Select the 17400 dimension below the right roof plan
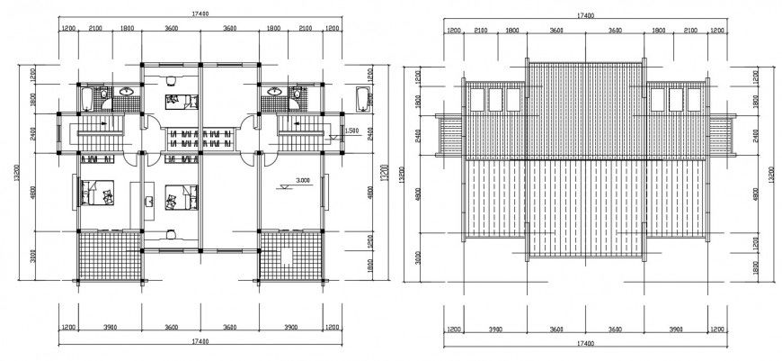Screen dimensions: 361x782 584,344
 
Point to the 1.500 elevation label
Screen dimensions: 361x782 353,131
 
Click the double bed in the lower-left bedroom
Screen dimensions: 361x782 95,193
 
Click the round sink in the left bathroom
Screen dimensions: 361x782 126,91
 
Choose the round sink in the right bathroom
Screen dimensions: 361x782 296,91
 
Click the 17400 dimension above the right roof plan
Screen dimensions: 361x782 584,15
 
